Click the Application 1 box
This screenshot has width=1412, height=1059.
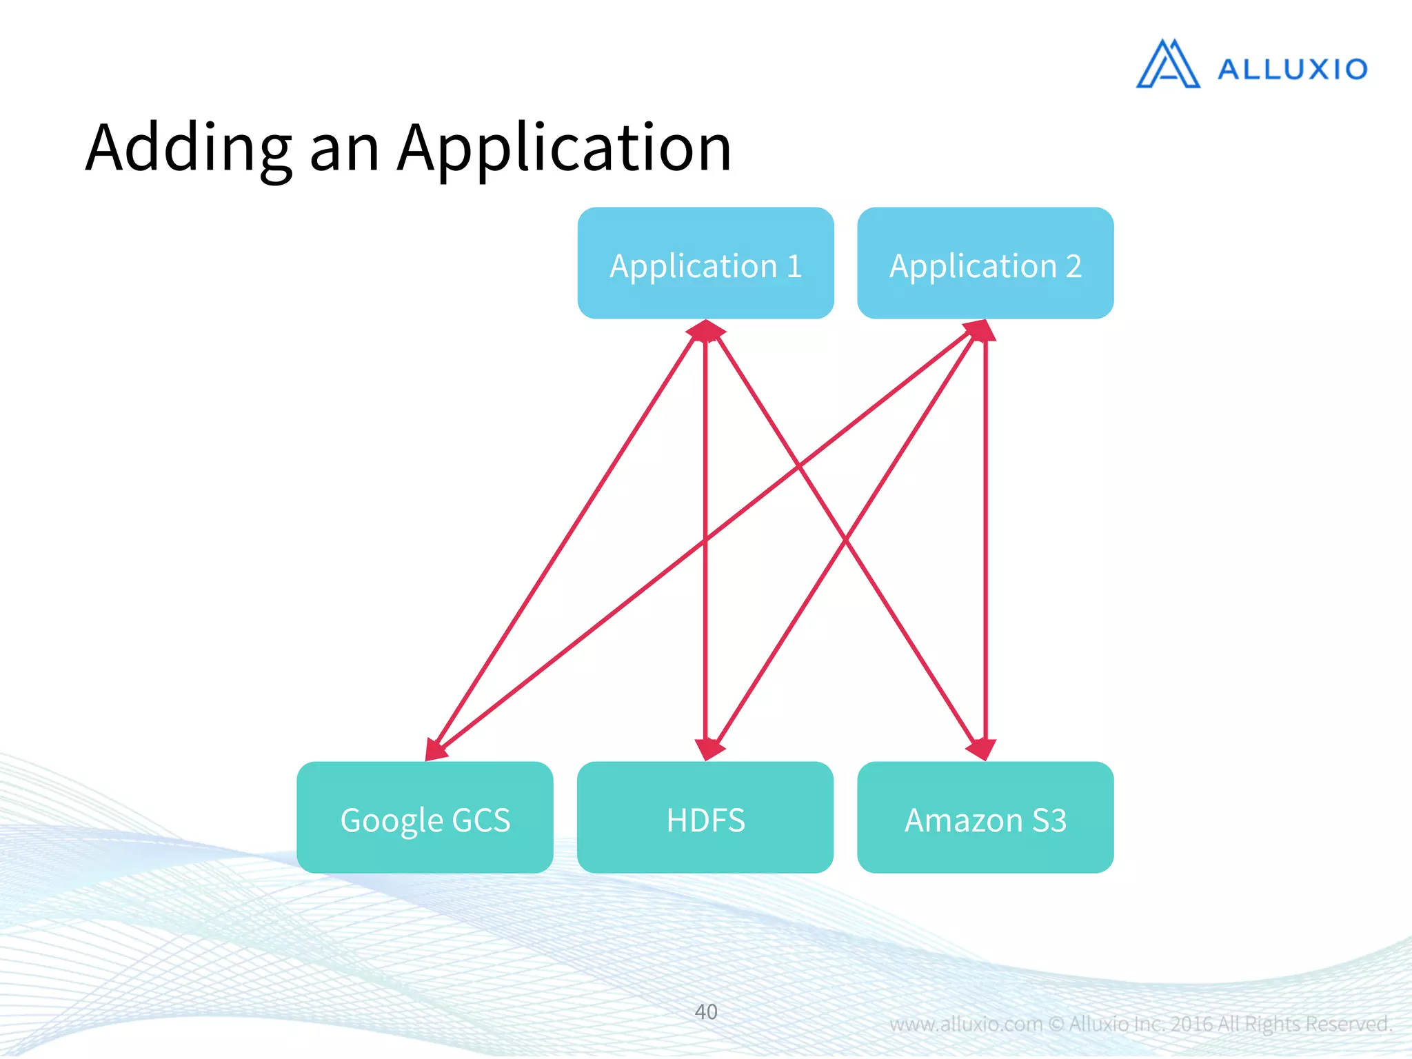705,263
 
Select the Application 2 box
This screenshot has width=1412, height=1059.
985,263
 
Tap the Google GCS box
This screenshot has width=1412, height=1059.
425,818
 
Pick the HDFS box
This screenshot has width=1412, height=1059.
705,818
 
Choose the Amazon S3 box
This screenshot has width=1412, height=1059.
985,818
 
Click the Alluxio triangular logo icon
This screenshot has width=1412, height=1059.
1168,65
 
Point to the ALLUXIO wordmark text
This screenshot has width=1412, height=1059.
1292,70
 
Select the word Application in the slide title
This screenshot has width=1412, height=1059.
564,148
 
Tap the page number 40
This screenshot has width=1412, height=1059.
705,1011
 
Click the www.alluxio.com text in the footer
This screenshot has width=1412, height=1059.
965,1024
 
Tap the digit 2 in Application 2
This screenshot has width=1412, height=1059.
1073,266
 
